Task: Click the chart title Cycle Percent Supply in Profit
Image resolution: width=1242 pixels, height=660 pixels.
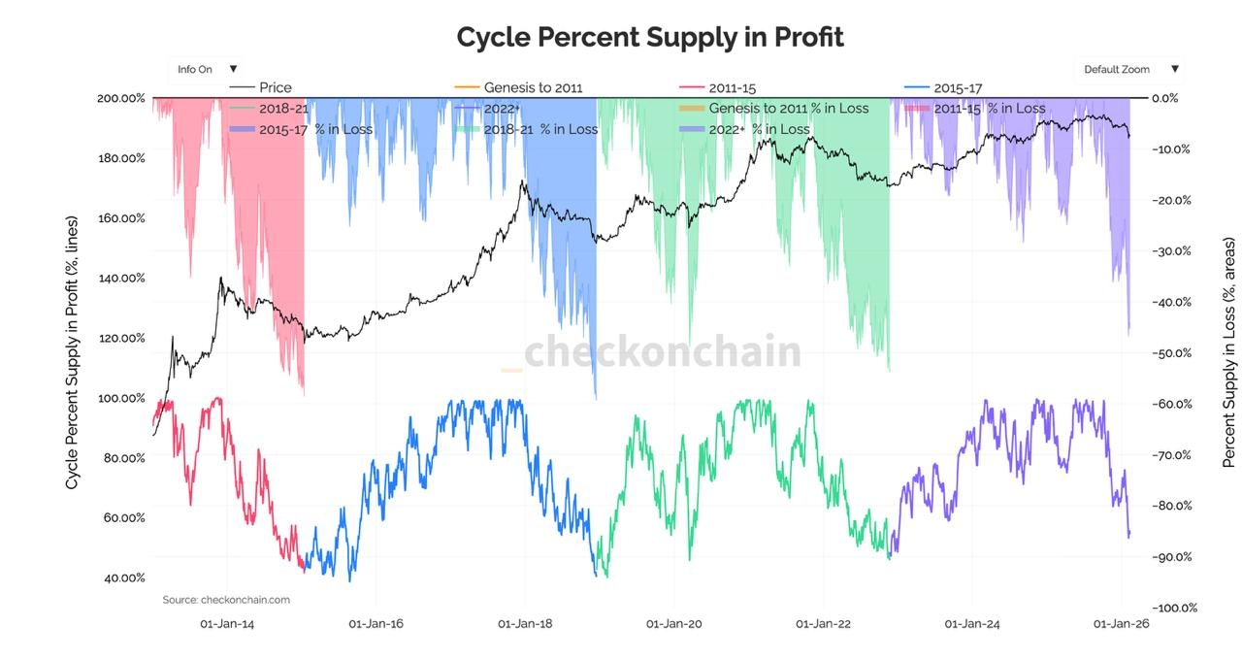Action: (x=650, y=37)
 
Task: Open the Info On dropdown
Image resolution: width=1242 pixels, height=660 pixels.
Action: (x=207, y=69)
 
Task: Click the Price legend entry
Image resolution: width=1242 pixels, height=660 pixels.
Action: (x=275, y=87)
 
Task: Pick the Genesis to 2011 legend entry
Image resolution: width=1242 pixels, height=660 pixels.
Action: (x=533, y=87)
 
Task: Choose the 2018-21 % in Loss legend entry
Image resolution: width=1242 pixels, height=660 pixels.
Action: (x=540, y=129)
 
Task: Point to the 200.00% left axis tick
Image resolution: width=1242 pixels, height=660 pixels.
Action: (x=121, y=98)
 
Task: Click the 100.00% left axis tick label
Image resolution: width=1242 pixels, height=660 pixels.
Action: (x=121, y=398)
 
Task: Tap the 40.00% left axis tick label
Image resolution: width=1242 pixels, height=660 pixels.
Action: (x=123, y=577)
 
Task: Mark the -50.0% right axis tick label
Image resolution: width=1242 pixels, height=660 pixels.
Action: (x=1170, y=352)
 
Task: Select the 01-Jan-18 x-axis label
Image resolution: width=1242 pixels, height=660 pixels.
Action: (x=525, y=624)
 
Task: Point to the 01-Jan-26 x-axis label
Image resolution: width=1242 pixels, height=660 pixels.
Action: (x=1122, y=624)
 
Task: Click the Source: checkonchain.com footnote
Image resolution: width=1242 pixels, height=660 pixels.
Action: (x=226, y=600)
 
